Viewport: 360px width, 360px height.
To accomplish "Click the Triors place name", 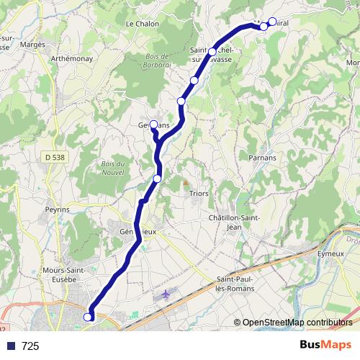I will tap(198, 193).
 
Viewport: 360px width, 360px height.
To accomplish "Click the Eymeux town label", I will tap(333, 253).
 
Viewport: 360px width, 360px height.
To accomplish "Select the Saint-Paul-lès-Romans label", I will tap(243, 284).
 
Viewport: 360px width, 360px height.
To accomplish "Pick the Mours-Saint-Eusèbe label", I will tap(65, 276).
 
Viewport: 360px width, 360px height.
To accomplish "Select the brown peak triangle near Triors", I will tap(184, 182).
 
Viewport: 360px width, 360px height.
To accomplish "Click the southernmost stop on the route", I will tap(89, 317).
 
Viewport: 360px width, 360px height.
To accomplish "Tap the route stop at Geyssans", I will tap(153, 124).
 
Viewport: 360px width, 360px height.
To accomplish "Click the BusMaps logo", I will tap(325, 345).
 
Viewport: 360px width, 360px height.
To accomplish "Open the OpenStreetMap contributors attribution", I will tap(297, 323).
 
